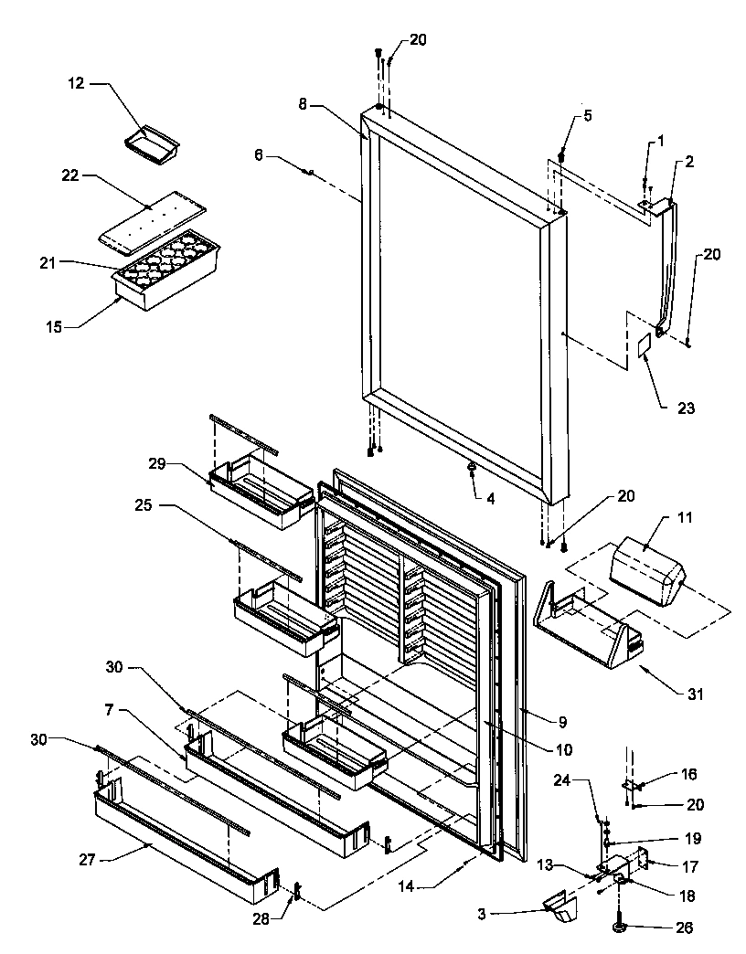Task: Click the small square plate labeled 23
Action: pyautogui.click(x=644, y=345)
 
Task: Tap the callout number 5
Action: pyautogui.click(x=589, y=116)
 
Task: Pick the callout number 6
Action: pyautogui.click(x=259, y=156)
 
